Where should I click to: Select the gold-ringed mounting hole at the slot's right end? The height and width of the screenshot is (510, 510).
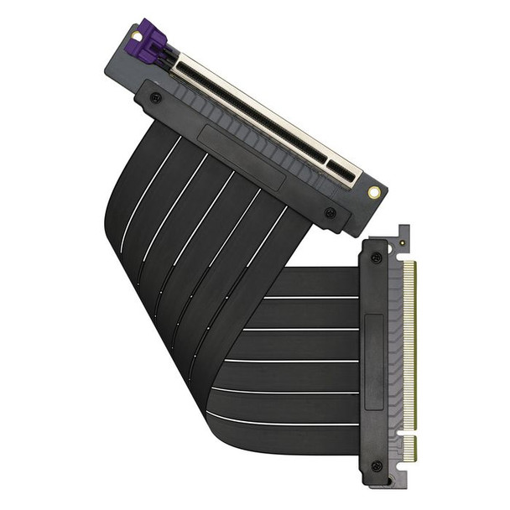(374, 192)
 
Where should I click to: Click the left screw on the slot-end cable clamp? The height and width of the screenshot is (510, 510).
(155, 97)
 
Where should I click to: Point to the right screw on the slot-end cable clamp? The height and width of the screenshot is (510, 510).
(330, 212)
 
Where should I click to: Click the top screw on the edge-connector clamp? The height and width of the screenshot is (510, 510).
(377, 258)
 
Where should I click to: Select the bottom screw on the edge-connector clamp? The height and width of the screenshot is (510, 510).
(377, 466)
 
